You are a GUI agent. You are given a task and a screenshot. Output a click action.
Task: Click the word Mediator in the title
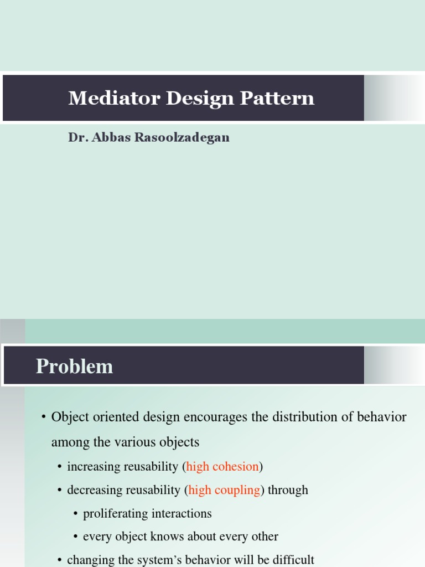(100, 99)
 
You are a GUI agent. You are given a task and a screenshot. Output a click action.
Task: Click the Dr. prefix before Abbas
(77, 138)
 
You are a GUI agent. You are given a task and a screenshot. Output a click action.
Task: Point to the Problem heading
(74, 367)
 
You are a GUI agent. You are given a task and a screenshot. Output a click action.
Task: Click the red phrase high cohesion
(222, 467)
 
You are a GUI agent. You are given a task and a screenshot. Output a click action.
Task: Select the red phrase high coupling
(224, 490)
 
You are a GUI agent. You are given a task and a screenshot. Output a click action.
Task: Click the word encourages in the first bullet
(209, 417)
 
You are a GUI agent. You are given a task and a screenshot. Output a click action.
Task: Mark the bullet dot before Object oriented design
(43, 417)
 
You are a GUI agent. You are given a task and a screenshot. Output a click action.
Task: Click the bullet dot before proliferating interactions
(75, 514)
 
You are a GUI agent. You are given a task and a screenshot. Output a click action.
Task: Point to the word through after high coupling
(288, 490)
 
